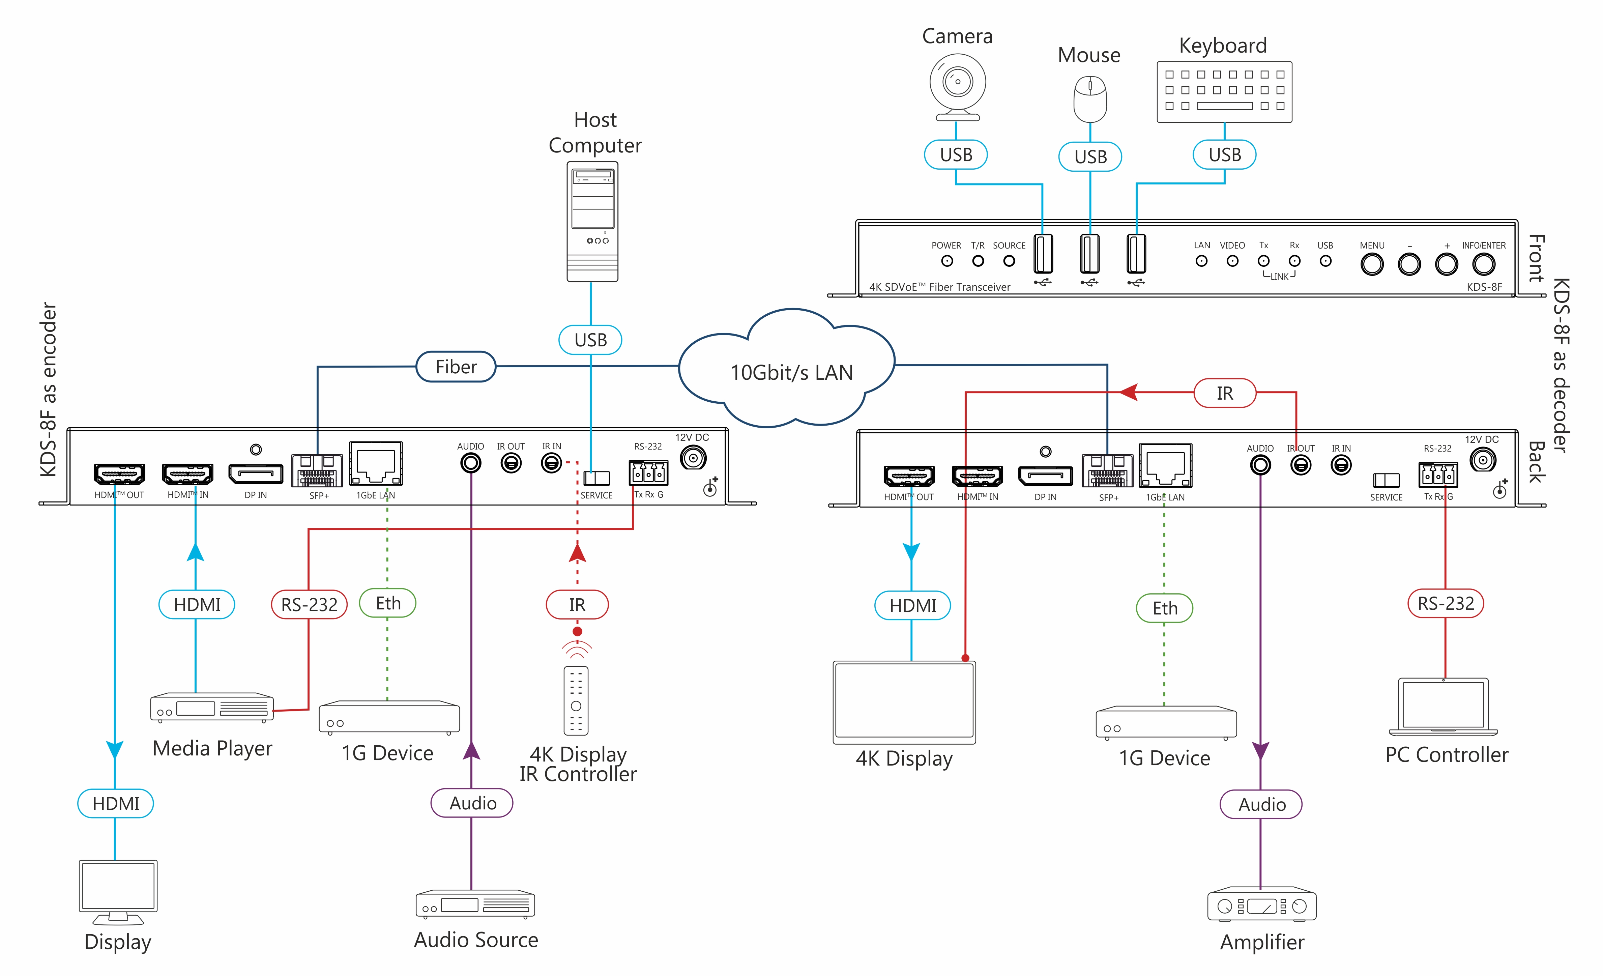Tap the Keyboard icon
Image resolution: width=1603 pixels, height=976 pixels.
click(1224, 92)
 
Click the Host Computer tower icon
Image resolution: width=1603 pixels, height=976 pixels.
click(592, 221)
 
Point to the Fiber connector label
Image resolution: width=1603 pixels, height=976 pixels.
click(456, 367)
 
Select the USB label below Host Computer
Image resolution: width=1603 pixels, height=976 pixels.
click(590, 340)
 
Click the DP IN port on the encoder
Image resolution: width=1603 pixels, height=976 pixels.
click(256, 474)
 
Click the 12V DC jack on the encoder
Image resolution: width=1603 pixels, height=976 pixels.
click(693, 458)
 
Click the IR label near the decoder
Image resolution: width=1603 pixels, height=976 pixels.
click(1224, 393)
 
